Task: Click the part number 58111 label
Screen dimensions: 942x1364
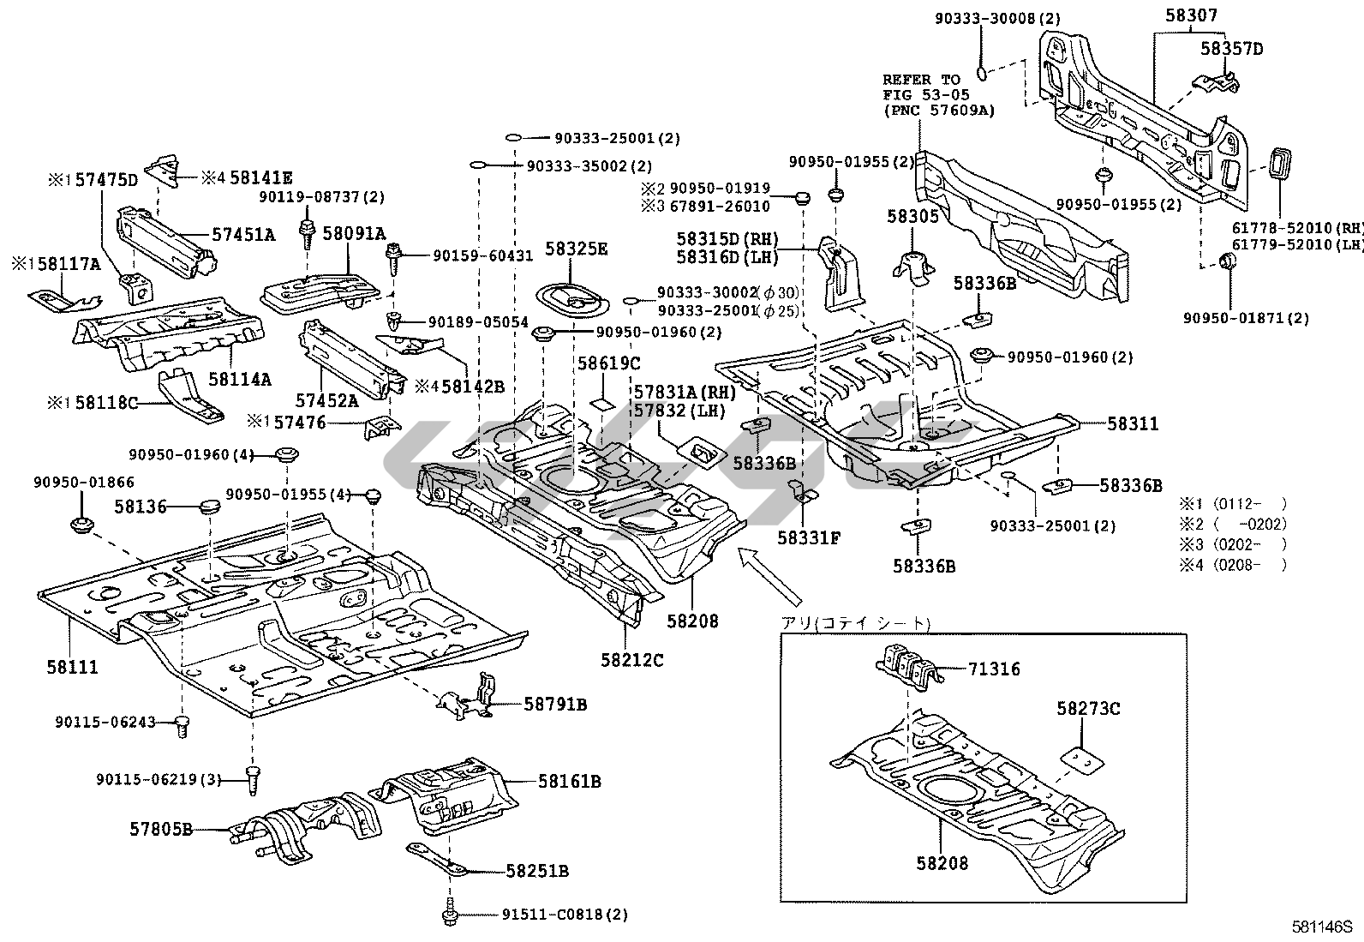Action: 73,666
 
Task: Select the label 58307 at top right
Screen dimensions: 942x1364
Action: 1190,15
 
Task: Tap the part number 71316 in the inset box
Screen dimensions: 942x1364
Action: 994,669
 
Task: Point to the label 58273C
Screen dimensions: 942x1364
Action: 1088,709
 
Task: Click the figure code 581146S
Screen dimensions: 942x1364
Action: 1321,927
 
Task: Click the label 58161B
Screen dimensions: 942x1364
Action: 569,781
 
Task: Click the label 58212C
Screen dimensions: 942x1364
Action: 631,660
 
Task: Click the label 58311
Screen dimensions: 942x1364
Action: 1132,423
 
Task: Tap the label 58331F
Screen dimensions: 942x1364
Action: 809,537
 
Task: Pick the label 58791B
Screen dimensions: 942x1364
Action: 555,705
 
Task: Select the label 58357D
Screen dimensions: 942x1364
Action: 1231,49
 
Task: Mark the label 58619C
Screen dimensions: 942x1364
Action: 608,363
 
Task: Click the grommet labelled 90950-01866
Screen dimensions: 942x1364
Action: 83,524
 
